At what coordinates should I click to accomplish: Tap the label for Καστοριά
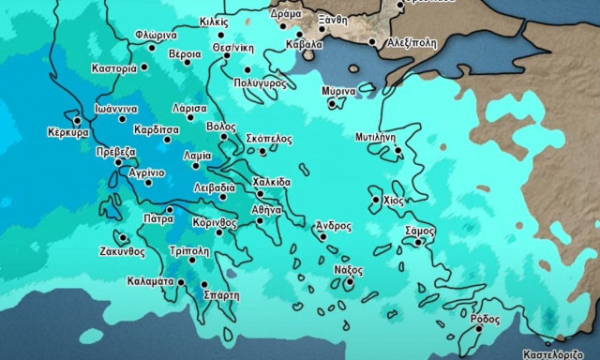coord(115,68)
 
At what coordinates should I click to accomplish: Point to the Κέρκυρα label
coord(67,133)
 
